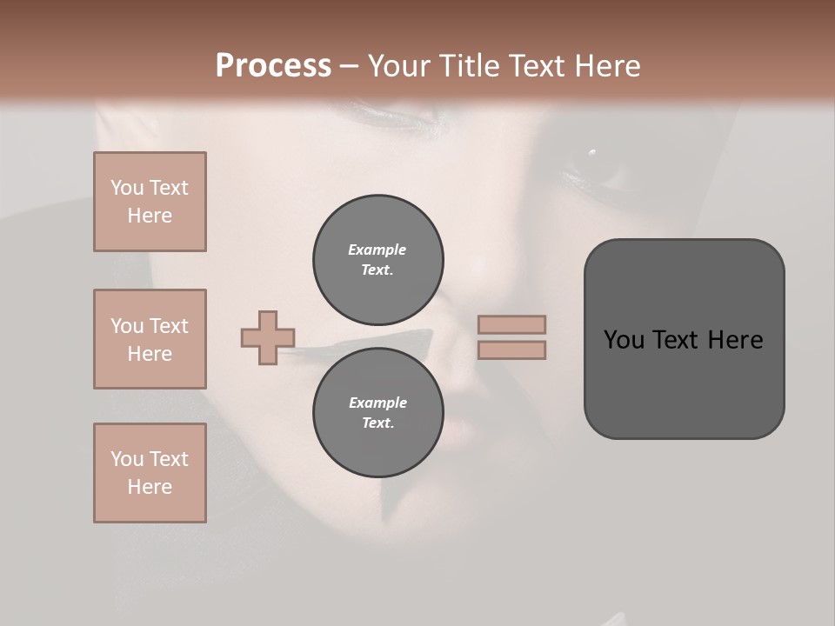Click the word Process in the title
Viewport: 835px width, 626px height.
tap(273, 66)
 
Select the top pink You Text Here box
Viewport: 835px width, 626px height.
tap(150, 202)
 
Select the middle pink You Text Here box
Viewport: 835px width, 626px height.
tap(150, 339)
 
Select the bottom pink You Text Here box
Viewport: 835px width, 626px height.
tap(150, 473)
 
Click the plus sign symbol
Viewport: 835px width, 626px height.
tap(268, 337)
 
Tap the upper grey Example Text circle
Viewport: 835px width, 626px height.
tap(377, 260)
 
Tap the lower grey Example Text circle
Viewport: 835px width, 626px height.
tap(377, 413)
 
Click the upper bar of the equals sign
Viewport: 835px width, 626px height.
tap(511, 325)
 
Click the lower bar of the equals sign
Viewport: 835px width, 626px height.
tap(511, 350)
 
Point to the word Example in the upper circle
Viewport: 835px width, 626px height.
tap(377, 250)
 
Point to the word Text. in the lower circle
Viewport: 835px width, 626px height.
tap(377, 423)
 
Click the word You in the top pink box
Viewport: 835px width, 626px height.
tap(127, 188)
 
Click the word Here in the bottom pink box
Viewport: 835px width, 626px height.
tap(150, 487)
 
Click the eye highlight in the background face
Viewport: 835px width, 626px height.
tap(592, 153)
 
